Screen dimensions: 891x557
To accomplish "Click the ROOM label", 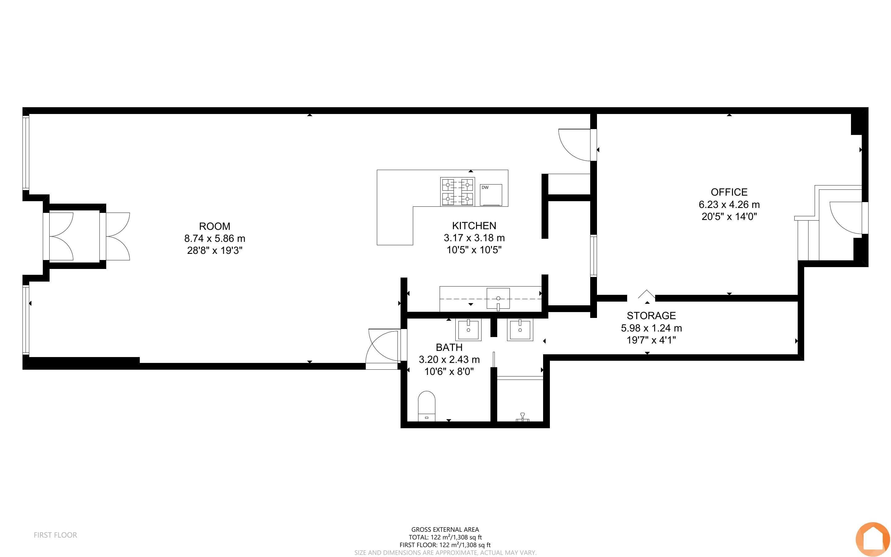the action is coord(215,226).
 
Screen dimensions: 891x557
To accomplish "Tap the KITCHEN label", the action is coord(474,226).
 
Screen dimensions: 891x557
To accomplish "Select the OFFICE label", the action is coord(729,192).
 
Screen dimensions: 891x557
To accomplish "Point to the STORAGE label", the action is coord(651,315).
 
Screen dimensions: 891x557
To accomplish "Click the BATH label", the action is coord(449,347).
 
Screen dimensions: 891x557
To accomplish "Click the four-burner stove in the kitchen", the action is coord(458,191).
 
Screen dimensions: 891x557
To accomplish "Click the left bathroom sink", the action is coord(468,330).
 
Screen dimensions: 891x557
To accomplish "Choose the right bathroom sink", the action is coord(520,330).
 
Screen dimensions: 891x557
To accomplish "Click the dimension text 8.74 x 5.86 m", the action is coord(215,238).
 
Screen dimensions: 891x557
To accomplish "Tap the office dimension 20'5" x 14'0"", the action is coord(729,216).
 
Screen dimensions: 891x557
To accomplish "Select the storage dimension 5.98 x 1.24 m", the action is coord(651,327).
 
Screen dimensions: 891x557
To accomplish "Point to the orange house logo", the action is coord(873,540).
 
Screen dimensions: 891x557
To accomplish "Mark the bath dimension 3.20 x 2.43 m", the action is coord(449,359).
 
